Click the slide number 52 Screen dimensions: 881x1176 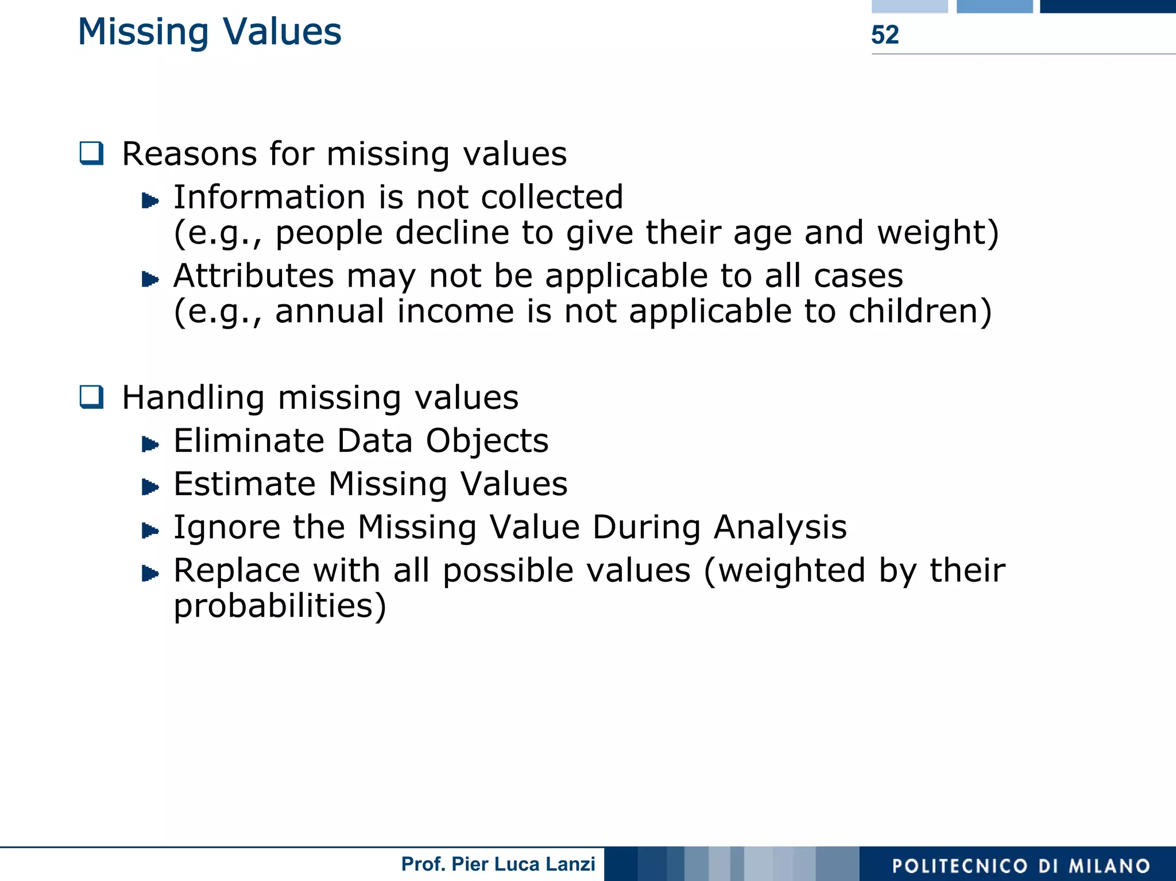[884, 35]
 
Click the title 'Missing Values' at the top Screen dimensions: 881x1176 [210, 32]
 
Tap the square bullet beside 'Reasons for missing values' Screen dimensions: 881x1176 [92, 153]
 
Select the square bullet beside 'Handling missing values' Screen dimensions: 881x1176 [92, 397]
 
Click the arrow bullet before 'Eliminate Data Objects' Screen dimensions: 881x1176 [150, 444]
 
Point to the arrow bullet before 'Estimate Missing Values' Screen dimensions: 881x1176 [150, 487]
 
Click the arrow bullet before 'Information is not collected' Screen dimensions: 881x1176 [150, 200]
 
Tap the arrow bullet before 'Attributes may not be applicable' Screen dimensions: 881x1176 [150, 279]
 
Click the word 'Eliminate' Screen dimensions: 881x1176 [249, 441]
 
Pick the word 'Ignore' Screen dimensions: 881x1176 [227, 528]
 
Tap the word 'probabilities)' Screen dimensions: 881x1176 [280, 606]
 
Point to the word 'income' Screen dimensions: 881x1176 [455, 311]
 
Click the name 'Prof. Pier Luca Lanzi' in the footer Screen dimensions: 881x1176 [498, 864]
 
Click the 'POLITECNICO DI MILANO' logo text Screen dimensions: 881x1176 [1020, 865]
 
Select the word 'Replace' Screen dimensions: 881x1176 [237, 571]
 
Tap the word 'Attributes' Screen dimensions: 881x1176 [253, 276]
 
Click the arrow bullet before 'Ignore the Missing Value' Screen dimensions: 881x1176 [150, 530]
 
